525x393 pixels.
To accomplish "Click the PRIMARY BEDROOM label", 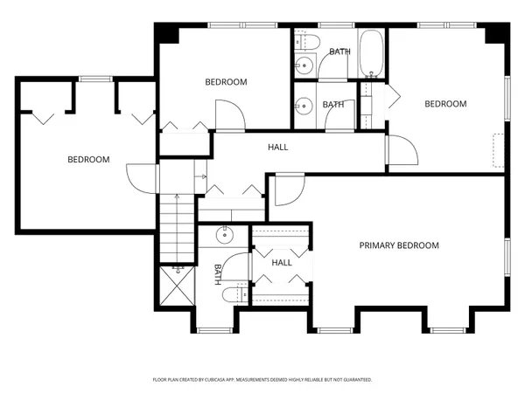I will [x=399, y=245].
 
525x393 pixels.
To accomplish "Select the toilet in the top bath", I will [x=306, y=42].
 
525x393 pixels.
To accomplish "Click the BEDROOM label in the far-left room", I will [x=88, y=160].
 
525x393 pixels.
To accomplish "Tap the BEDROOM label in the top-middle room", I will [x=226, y=83].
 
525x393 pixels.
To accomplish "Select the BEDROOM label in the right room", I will [x=445, y=104].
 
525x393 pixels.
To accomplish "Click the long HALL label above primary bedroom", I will [x=277, y=147].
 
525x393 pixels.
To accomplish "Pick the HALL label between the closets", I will [x=282, y=263].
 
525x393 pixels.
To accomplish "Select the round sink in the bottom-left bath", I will [x=226, y=234].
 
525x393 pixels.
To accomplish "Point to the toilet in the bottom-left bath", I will [x=232, y=294].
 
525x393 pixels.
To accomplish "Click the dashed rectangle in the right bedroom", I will [x=498, y=150].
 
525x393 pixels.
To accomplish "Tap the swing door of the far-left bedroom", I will [x=139, y=179].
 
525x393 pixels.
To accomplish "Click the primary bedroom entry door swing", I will [x=287, y=190].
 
